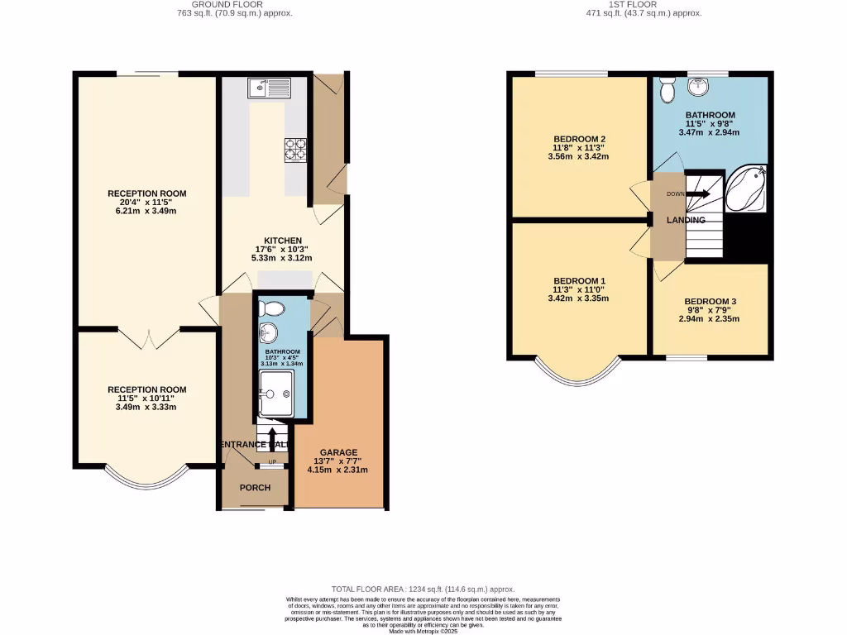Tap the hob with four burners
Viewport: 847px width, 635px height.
[295, 148]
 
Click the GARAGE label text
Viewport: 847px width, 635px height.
[339, 452]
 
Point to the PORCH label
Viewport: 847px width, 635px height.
[255, 488]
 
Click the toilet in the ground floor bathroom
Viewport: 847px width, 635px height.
[269, 309]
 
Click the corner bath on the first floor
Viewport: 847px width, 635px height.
[748, 189]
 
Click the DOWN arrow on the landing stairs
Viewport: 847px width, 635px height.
[696, 194]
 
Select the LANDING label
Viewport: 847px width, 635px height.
[687, 220]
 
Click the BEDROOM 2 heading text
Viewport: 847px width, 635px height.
[580, 138]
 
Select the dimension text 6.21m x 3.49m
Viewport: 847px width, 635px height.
[146, 211]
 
